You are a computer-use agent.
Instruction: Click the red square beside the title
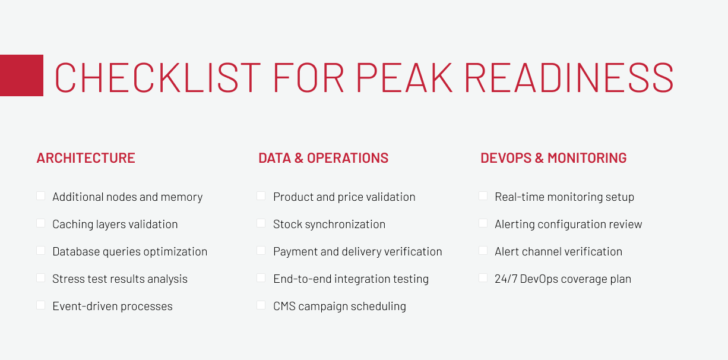tap(21, 75)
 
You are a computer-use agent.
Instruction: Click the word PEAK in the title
tap(404, 77)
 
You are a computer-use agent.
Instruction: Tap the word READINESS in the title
tap(569, 77)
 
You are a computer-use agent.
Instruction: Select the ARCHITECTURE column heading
tap(86, 158)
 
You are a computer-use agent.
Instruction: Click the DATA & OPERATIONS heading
tap(324, 158)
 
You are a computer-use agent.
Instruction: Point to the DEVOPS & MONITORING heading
tap(553, 158)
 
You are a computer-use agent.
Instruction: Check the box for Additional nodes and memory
tap(40, 196)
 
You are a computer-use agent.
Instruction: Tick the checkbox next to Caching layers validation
tap(40, 223)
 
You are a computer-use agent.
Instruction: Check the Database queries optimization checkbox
tap(40, 251)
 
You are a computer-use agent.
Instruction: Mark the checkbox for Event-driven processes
tap(40, 305)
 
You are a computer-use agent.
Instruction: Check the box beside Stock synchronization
tap(261, 223)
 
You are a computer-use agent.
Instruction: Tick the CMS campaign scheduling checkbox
tap(261, 305)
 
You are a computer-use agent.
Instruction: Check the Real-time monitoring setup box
tap(483, 196)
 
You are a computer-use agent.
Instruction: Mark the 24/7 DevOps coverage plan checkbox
tap(483, 278)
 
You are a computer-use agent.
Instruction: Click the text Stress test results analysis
tap(120, 279)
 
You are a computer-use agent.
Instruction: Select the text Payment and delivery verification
tap(357, 252)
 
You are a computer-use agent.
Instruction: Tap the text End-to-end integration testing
tap(351, 279)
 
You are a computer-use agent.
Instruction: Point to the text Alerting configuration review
tap(568, 225)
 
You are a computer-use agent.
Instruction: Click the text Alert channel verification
tap(558, 252)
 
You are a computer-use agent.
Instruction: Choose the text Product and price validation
tap(344, 197)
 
